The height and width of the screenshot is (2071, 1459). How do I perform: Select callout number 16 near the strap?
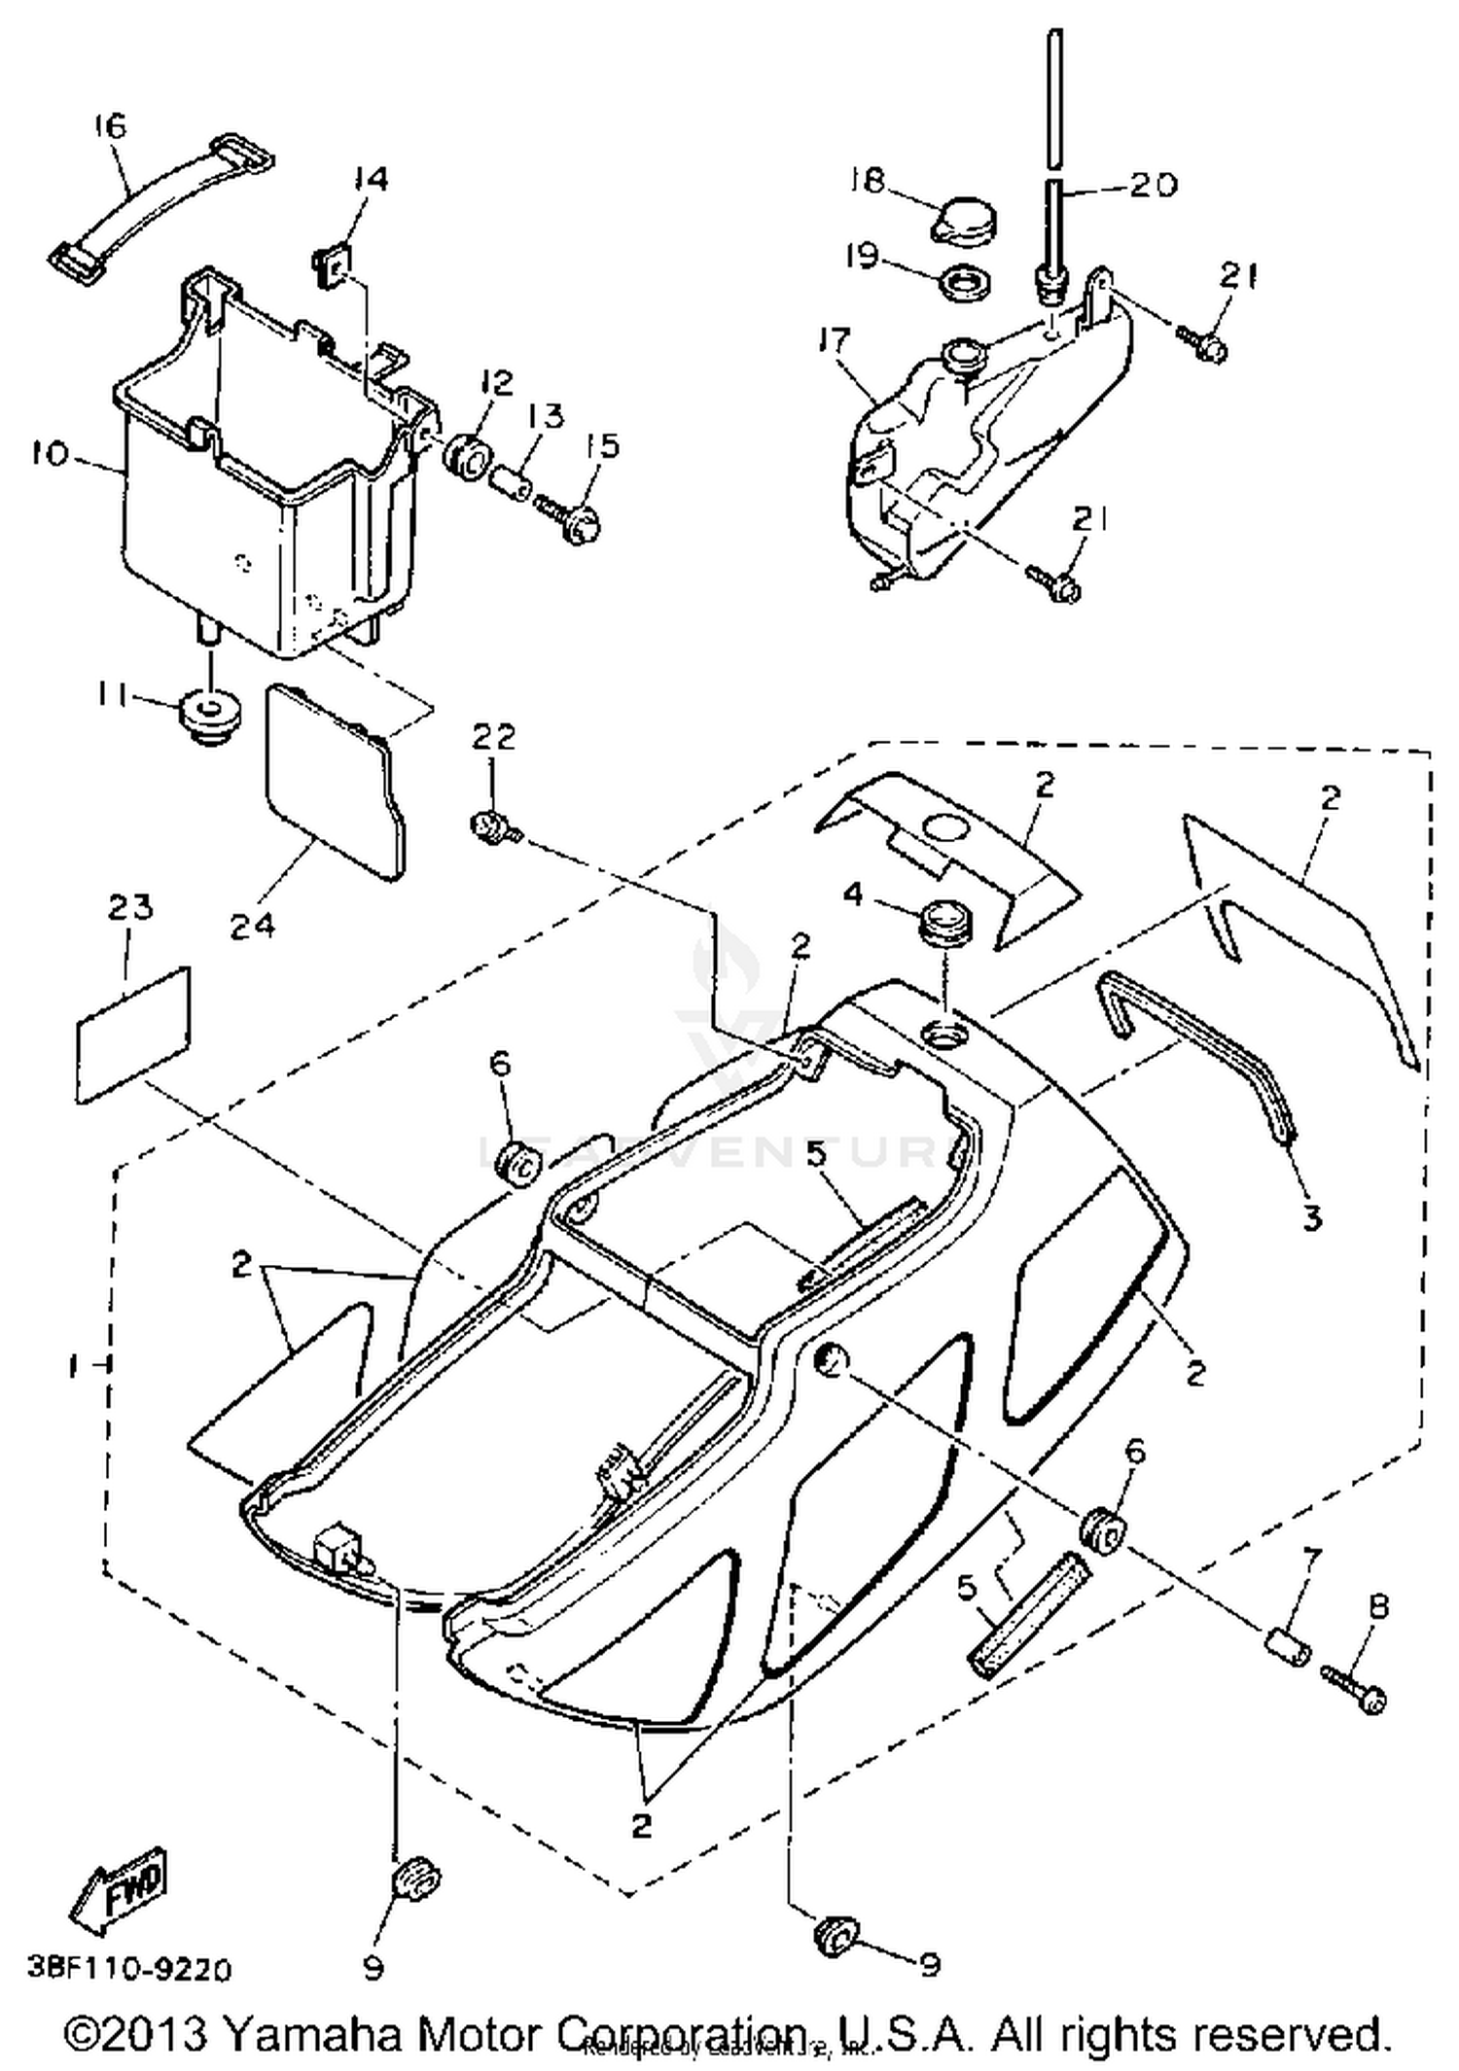pos(110,125)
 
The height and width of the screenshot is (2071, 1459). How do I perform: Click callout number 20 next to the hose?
pos(1153,184)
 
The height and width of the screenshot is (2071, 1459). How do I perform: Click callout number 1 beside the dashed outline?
pos(73,1365)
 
